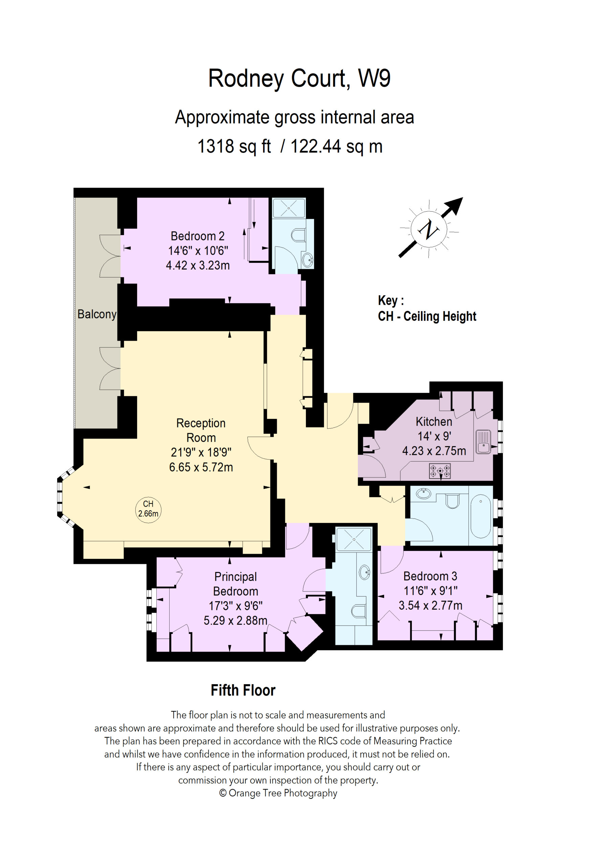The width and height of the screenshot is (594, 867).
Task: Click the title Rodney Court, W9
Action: [x=299, y=79]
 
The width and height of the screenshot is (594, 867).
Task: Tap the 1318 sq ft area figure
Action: [x=234, y=146]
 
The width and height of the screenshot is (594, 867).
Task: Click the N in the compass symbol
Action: [x=428, y=229]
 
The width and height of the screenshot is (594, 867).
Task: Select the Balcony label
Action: [x=97, y=314]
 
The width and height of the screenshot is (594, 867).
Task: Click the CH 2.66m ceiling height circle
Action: [x=148, y=510]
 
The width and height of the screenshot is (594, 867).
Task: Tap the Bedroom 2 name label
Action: [x=197, y=236]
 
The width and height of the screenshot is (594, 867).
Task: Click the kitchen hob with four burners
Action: [x=440, y=471]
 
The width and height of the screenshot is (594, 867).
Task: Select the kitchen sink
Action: [x=483, y=442]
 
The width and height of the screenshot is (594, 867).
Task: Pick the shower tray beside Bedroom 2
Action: [x=289, y=208]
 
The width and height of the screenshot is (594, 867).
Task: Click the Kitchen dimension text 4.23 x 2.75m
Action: [x=434, y=451]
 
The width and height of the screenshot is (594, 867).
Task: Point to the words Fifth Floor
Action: [x=243, y=690]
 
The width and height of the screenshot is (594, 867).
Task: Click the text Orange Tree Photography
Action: [x=283, y=793]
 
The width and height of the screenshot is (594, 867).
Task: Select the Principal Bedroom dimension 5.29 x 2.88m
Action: [x=235, y=620]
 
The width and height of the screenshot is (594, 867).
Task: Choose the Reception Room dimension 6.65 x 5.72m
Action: [x=201, y=467]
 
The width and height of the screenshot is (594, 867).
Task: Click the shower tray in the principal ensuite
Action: [x=353, y=540]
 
